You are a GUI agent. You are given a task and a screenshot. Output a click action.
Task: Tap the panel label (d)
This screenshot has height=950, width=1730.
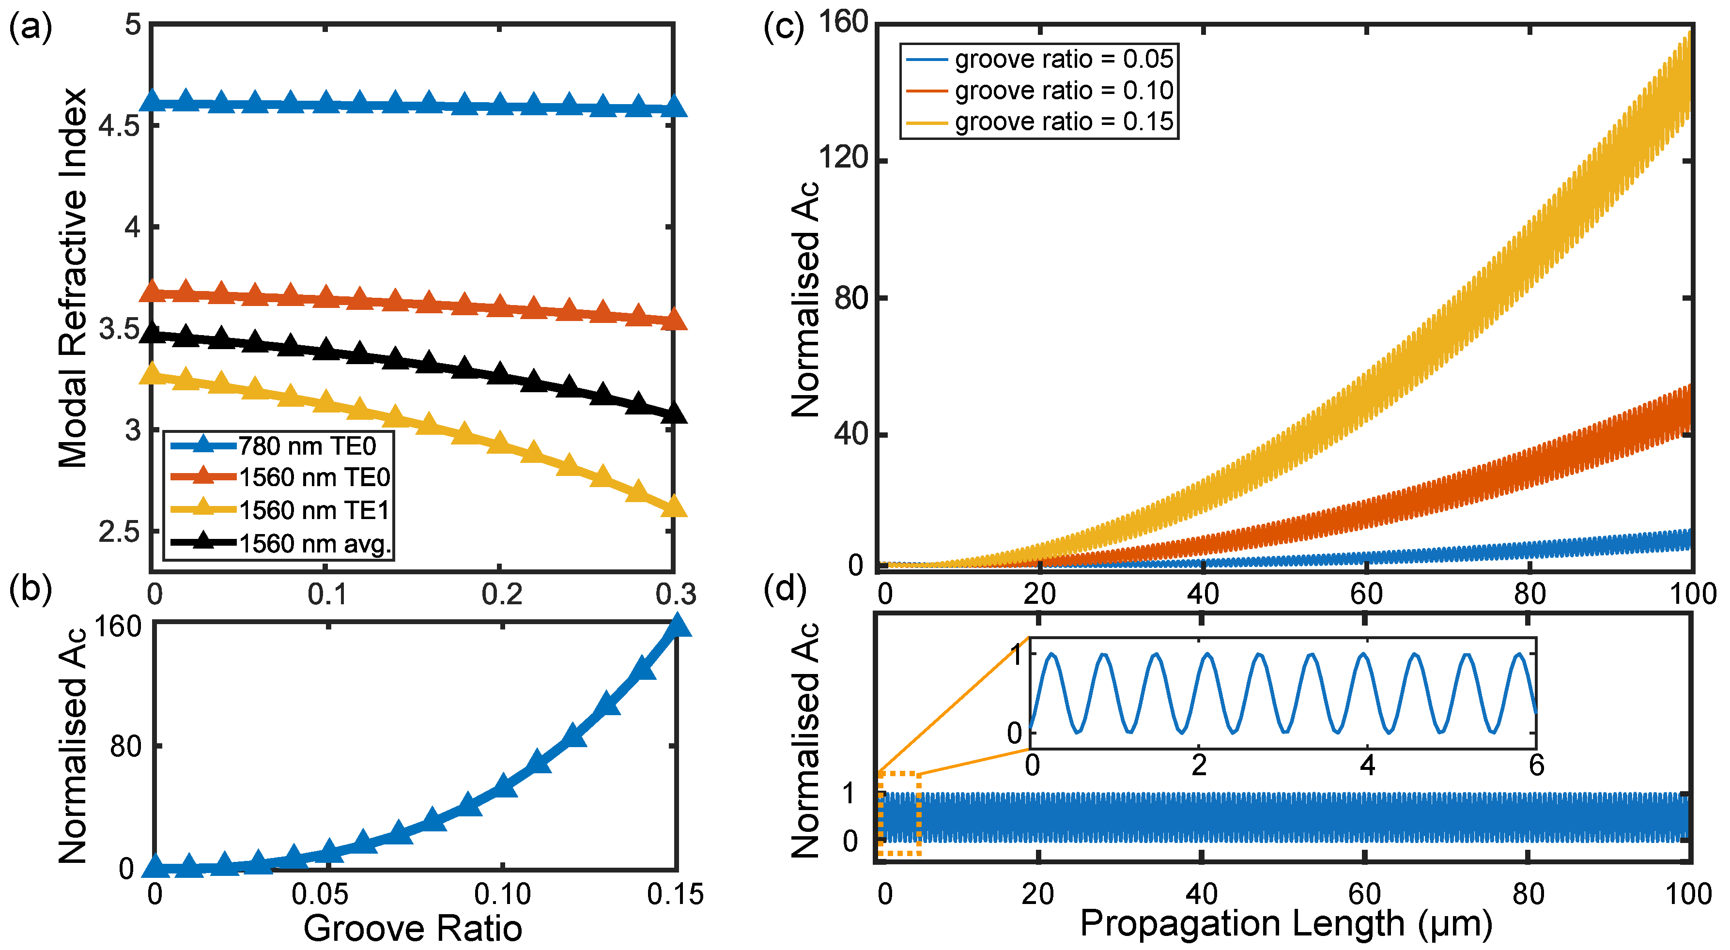click(x=785, y=589)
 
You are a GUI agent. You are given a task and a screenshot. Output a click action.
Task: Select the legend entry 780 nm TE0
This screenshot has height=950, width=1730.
click(x=307, y=446)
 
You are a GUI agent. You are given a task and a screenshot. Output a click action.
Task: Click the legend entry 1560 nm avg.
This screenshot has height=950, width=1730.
click(x=315, y=543)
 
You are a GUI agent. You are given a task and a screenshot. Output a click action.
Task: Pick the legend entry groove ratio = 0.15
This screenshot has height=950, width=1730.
click(x=1064, y=122)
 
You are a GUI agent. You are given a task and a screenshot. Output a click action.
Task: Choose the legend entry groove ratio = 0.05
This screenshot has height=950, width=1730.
click(x=1064, y=59)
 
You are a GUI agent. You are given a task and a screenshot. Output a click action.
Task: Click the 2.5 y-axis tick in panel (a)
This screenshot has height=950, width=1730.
click(x=120, y=532)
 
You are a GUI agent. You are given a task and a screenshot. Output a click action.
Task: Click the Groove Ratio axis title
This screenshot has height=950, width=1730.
click(x=412, y=929)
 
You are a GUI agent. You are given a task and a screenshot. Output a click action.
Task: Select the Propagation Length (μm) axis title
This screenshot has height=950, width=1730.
click(x=1285, y=923)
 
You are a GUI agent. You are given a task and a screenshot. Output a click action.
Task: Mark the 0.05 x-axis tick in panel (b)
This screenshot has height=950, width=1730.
click(x=320, y=894)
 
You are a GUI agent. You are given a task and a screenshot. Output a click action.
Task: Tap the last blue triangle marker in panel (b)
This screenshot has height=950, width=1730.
click(x=678, y=626)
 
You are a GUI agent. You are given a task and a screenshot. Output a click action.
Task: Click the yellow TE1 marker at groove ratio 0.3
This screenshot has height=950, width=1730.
click(x=674, y=506)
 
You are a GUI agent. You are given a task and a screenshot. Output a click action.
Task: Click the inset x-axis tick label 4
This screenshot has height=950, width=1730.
click(x=1367, y=766)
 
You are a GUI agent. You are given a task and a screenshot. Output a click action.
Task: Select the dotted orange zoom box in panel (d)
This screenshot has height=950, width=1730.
click(x=899, y=814)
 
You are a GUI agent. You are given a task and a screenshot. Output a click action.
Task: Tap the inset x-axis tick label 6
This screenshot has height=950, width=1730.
click(x=1536, y=766)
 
